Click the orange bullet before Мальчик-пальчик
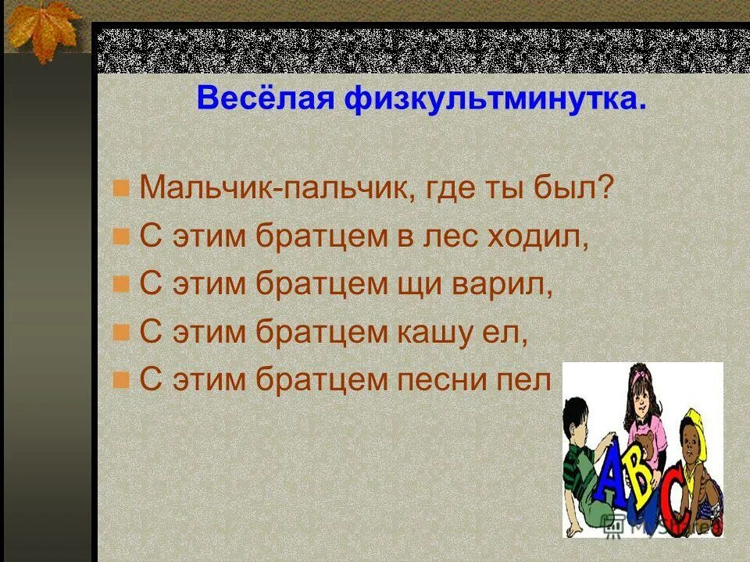(120, 188)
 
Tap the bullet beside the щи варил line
(120, 284)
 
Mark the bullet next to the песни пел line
(120, 380)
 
